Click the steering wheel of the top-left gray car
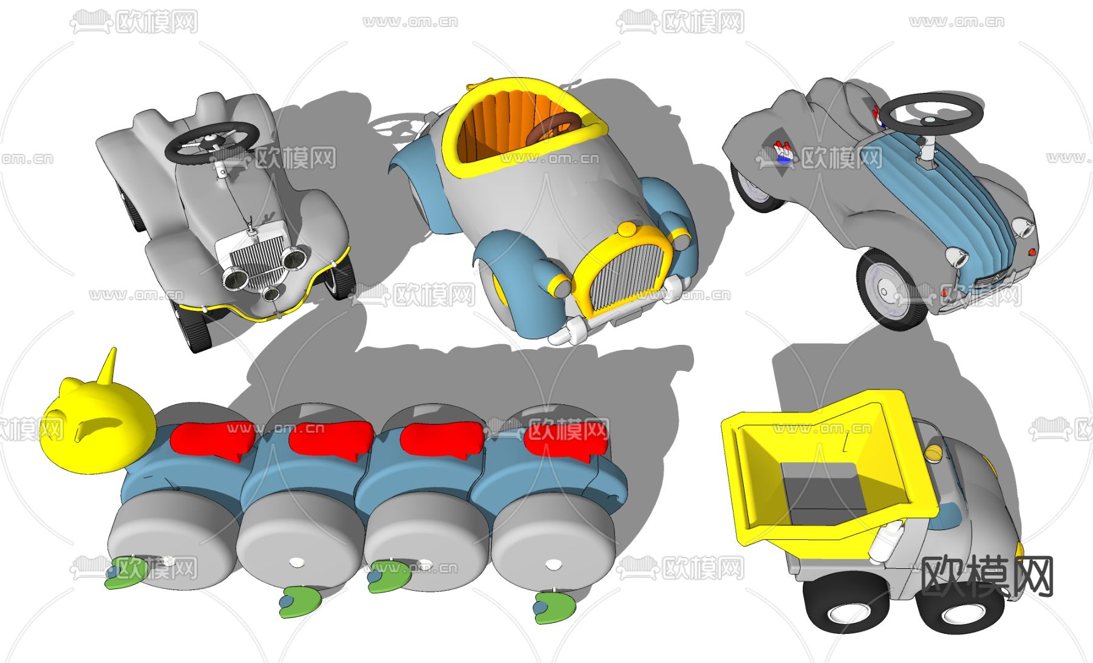pos(210,141)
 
